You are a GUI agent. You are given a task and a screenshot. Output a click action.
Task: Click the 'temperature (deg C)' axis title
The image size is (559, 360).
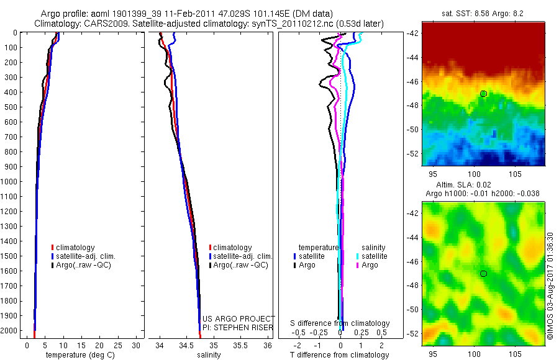click(79, 355)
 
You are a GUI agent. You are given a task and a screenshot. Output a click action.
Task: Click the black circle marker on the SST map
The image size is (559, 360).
click(483, 94)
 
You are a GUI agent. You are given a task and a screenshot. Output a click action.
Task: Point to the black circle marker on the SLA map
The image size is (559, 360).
click(483, 273)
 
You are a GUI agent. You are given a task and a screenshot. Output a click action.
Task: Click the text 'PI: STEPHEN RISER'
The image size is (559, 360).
click(238, 326)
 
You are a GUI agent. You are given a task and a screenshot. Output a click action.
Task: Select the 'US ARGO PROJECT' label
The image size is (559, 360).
click(239, 318)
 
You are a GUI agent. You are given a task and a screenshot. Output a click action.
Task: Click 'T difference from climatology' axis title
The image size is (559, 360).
click(339, 355)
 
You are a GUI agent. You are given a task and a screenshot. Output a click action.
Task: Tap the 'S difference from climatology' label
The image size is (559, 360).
click(340, 323)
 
